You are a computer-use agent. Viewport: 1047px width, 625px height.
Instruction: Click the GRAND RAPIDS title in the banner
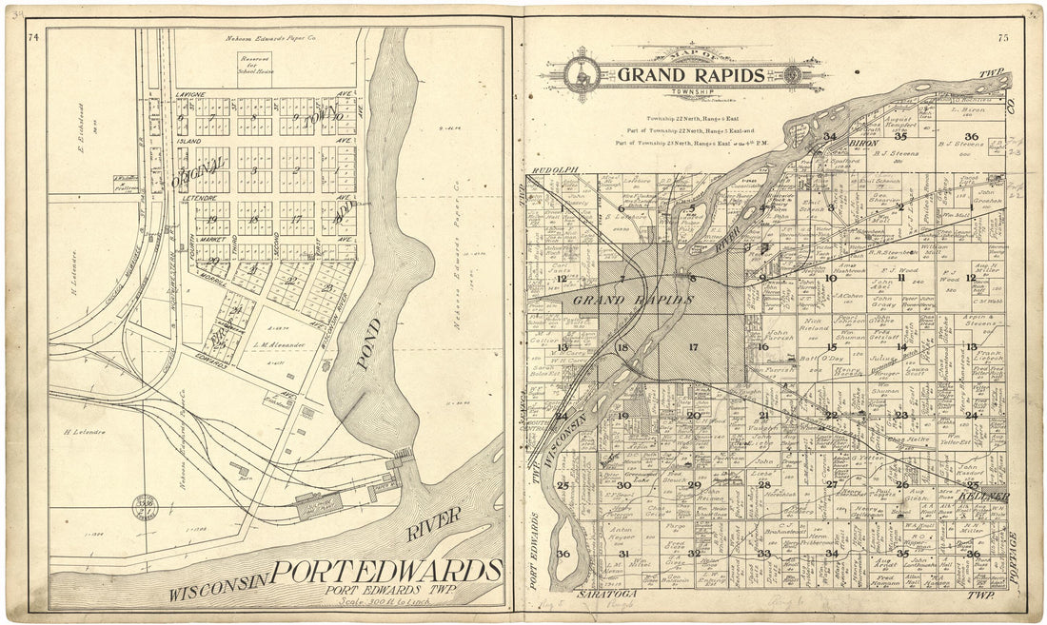[x=690, y=75]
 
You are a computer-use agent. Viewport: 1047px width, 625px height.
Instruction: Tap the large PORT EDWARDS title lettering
[x=385, y=571]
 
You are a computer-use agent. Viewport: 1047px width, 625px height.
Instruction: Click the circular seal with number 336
[x=146, y=501]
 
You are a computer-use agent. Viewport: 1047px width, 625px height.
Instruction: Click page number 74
[x=34, y=37]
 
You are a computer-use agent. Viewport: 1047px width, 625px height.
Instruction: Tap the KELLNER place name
[x=985, y=497]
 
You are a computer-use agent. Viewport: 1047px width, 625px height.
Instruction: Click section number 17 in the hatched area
[x=693, y=347]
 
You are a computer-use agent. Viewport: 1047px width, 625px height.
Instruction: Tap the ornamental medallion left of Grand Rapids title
[x=582, y=74]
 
